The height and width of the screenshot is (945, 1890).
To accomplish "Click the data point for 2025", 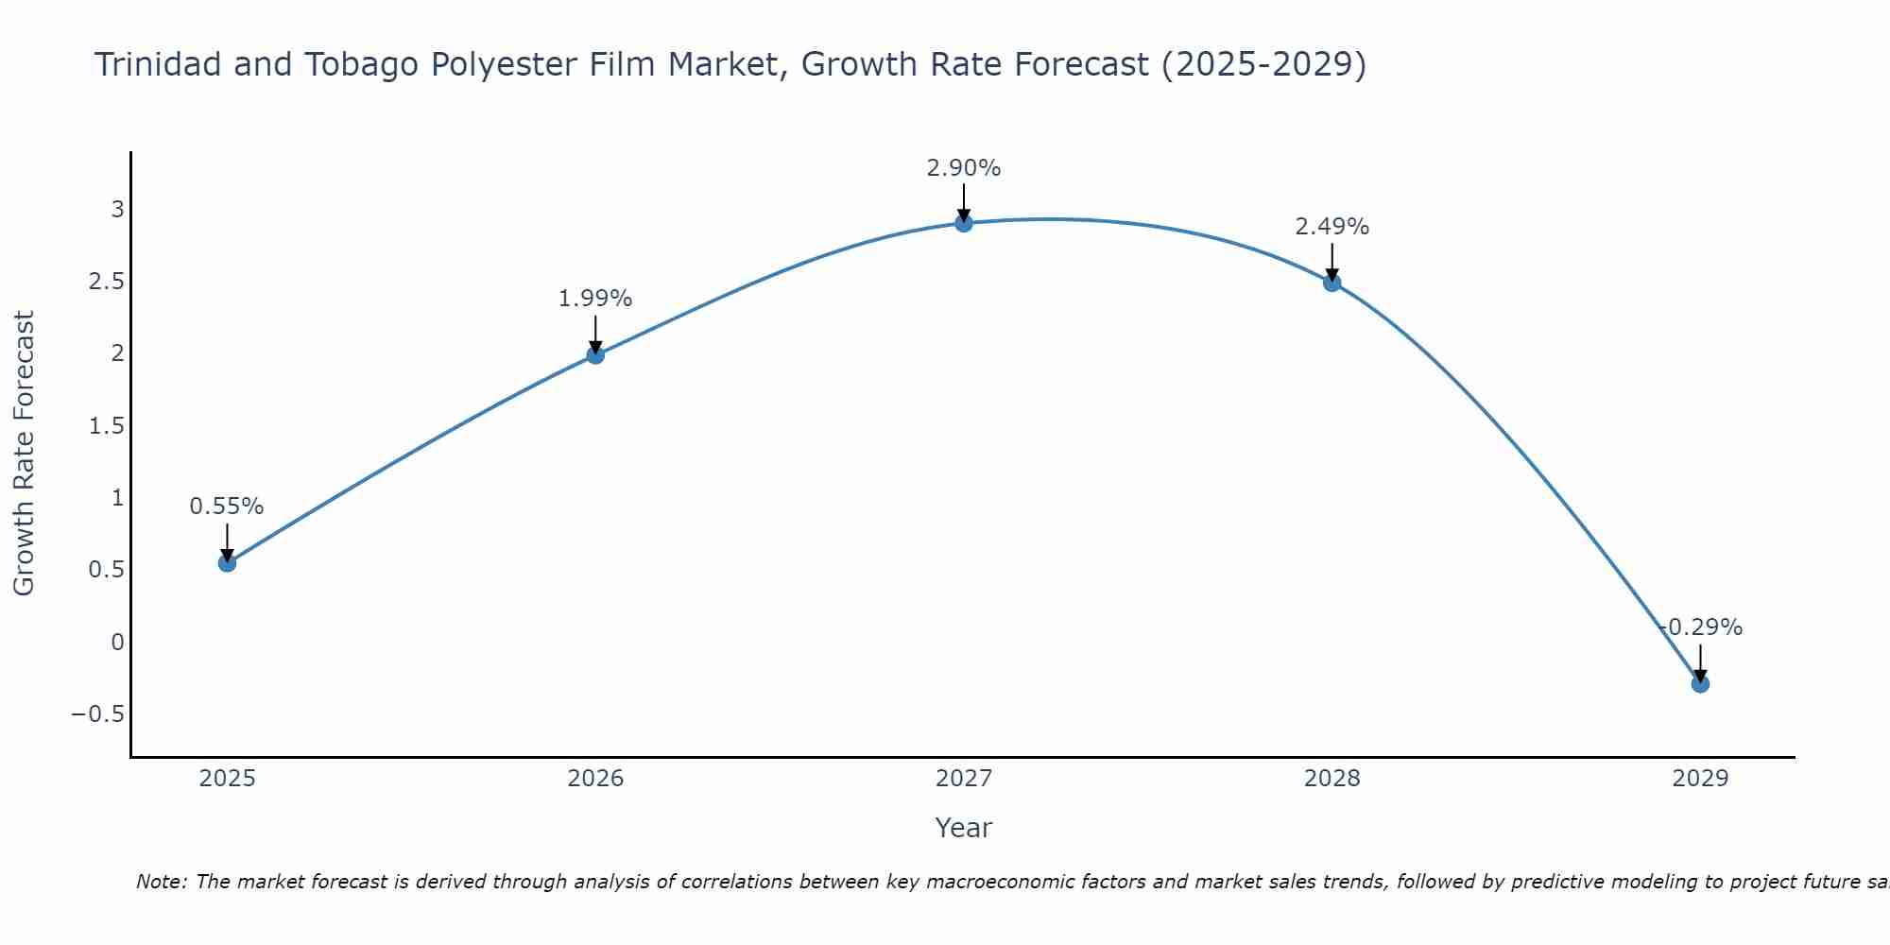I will pyautogui.click(x=227, y=563).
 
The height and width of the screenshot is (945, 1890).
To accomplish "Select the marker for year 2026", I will pyautogui.click(x=595, y=355).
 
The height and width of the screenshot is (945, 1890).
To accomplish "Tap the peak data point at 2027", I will pyautogui.click(x=964, y=223).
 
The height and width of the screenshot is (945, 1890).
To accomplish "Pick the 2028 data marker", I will pyautogui.click(x=1332, y=283).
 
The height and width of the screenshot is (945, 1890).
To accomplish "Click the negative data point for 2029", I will pyautogui.click(x=1700, y=683).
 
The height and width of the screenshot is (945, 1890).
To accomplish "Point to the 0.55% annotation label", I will pyautogui.click(x=227, y=507).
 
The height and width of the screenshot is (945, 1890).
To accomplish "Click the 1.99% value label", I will pyautogui.click(x=595, y=299).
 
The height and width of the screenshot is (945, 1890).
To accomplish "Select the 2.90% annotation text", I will pyautogui.click(x=964, y=168).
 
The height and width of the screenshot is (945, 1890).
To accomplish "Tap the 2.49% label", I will pyautogui.click(x=1332, y=227).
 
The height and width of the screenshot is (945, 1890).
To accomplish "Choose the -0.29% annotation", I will pyautogui.click(x=1701, y=627).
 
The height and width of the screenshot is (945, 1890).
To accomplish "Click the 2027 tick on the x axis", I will pyautogui.click(x=964, y=779).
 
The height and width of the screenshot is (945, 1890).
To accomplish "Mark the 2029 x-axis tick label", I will pyautogui.click(x=1700, y=779).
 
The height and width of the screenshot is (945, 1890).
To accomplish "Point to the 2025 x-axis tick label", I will pyautogui.click(x=228, y=779).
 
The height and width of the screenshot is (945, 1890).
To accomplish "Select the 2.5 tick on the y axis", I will pyautogui.click(x=106, y=282).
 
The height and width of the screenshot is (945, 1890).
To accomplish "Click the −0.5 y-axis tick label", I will pyautogui.click(x=98, y=714).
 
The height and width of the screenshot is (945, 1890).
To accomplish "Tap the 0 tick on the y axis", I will pyautogui.click(x=117, y=643).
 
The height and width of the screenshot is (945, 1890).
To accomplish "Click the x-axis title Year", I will pyautogui.click(x=964, y=828).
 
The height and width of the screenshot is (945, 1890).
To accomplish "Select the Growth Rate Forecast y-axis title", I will pyautogui.click(x=25, y=454).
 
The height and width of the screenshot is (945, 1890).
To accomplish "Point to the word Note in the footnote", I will pyautogui.click(x=161, y=882).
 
